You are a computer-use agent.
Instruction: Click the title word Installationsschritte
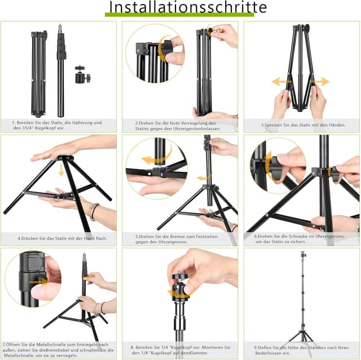point(188,7)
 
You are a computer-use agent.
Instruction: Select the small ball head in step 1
point(81,74)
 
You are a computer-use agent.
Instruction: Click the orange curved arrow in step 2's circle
point(163,50)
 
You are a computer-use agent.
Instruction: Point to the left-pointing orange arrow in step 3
point(281,82)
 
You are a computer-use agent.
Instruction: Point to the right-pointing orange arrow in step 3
point(320,82)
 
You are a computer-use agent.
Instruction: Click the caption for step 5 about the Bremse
point(179,239)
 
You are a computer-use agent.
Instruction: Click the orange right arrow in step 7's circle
point(38,280)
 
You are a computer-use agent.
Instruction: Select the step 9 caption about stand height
point(301,350)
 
